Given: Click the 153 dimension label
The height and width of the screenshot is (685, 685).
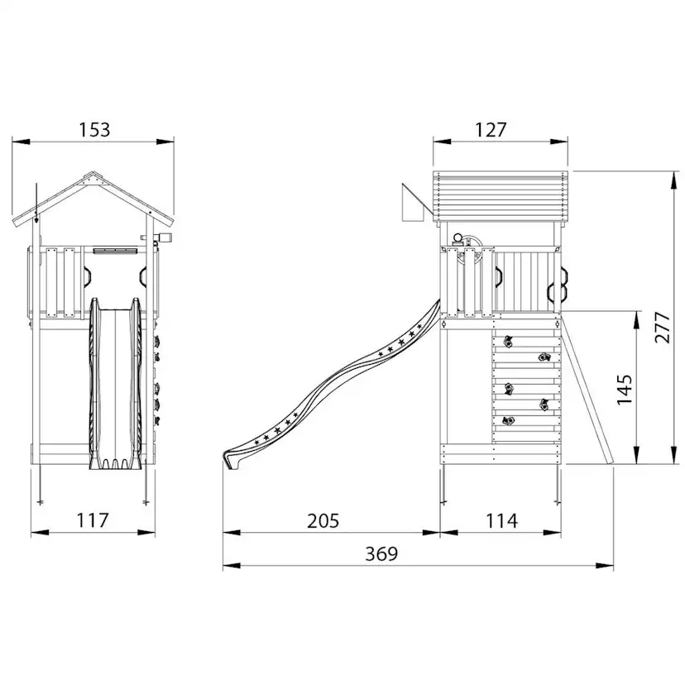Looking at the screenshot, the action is pos(94,130).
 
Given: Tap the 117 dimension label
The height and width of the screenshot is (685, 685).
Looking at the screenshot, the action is pos(93,520).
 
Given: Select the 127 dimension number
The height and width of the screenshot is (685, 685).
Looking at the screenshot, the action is pos(491,130).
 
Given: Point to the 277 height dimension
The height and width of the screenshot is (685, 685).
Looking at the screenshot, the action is pos(663,328).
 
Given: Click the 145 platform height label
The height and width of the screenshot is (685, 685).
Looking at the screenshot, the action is pos(625,390).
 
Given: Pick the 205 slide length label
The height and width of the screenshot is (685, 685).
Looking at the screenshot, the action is pos(323,520).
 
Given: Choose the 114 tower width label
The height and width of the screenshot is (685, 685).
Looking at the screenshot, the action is pos(501,520).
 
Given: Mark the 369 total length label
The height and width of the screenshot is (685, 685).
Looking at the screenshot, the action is pos(381,554).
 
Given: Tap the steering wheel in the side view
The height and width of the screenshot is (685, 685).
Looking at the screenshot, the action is pos(470,252).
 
